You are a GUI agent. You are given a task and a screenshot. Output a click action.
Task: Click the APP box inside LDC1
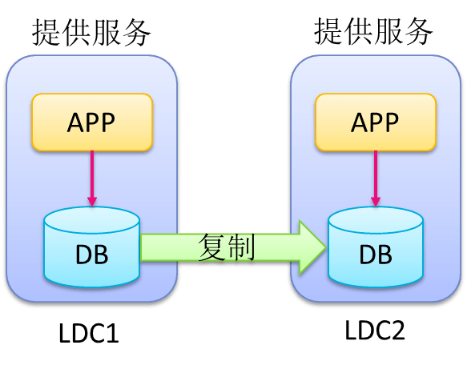[x=92, y=122]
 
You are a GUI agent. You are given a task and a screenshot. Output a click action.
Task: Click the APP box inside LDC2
[x=376, y=122]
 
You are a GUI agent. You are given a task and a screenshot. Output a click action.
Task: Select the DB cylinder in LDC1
[x=92, y=247]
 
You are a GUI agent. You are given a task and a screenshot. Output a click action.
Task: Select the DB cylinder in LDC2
[x=376, y=247]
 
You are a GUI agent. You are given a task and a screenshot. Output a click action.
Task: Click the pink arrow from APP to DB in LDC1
[x=92, y=178]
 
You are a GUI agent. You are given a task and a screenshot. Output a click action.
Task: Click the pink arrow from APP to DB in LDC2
[x=376, y=178]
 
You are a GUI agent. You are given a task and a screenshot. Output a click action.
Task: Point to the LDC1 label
[x=89, y=333]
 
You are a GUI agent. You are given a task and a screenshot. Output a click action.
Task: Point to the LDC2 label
[x=375, y=330]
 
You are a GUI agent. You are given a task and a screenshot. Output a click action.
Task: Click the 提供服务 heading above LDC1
[x=91, y=32]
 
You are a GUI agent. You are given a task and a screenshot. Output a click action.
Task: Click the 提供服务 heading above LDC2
[x=373, y=31]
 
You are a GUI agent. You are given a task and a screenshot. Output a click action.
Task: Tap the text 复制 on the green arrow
[x=227, y=247]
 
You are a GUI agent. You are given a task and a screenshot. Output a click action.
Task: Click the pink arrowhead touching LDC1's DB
[x=92, y=202]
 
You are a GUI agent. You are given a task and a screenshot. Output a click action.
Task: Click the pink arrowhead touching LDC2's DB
[x=376, y=202]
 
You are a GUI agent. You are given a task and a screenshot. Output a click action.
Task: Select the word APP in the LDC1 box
[x=91, y=122]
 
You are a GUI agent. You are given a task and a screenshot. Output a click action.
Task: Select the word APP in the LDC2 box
[x=375, y=122]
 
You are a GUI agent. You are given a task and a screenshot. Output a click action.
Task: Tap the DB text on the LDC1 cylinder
[x=92, y=255]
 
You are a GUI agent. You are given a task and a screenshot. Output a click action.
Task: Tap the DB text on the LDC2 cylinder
[x=376, y=255]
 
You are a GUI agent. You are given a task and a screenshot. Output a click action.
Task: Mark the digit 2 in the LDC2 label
[x=398, y=330]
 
